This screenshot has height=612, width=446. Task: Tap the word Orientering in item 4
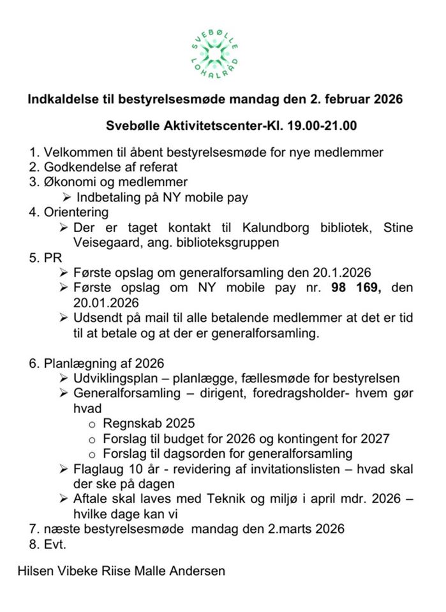click(x=76, y=212)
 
